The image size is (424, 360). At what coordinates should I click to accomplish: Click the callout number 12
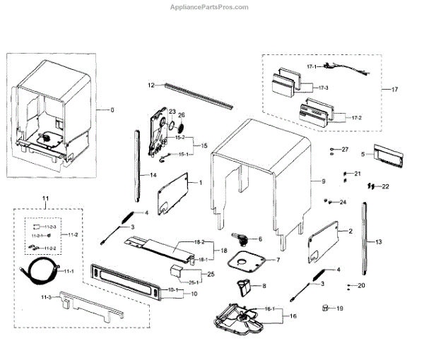(x=151, y=85)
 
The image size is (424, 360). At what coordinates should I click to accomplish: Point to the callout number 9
(x=324, y=181)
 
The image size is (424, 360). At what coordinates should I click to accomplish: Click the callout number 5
(x=363, y=153)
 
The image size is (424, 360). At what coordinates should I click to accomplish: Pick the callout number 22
(x=385, y=186)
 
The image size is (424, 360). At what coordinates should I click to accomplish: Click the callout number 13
(x=379, y=241)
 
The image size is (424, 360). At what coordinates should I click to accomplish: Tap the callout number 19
(x=339, y=308)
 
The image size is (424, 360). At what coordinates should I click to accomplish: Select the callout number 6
(x=259, y=239)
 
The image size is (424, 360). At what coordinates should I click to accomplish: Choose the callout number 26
(x=181, y=115)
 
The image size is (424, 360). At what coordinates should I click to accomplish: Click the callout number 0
(x=111, y=110)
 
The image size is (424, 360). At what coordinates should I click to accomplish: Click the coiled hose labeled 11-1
(x=35, y=270)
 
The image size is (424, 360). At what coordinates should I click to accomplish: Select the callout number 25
(x=210, y=274)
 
